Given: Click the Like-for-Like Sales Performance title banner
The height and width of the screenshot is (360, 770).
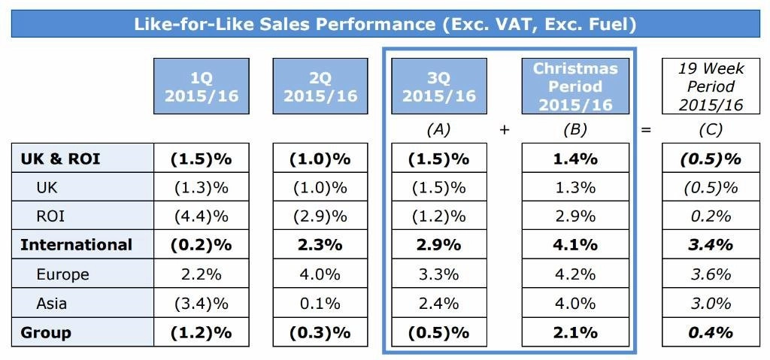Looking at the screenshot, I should [385, 24].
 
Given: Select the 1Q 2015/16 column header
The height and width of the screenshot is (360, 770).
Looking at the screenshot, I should [201, 86].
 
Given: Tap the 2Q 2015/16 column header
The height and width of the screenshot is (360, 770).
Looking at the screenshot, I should [320, 86].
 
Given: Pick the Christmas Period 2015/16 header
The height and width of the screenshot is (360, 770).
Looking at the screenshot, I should [575, 86].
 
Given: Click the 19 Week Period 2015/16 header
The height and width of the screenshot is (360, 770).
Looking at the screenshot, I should [711, 86].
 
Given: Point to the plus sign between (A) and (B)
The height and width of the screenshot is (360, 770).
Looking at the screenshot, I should [505, 130].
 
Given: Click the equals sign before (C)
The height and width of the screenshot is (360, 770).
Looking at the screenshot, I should [645, 130].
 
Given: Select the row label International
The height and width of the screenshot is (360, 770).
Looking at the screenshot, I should [76, 245].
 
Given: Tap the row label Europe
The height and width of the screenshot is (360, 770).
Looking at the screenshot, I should [62, 274].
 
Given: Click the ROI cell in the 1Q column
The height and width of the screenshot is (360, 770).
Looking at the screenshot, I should [201, 216].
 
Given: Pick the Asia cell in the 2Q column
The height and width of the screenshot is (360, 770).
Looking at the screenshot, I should [320, 303].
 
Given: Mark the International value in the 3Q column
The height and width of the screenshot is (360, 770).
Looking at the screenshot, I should [438, 245].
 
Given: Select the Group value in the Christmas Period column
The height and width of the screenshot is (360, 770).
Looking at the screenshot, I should [575, 332].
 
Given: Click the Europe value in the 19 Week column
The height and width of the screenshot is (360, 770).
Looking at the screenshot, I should [711, 274].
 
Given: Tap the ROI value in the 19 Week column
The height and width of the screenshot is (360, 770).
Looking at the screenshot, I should [711, 216].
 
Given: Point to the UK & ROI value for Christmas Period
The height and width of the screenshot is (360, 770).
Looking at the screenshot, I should [575, 159].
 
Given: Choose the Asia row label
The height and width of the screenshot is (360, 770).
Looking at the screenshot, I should [52, 303].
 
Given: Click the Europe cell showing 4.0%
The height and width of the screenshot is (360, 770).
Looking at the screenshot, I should [320, 274].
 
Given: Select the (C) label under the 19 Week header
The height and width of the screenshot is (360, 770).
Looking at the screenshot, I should [711, 130].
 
